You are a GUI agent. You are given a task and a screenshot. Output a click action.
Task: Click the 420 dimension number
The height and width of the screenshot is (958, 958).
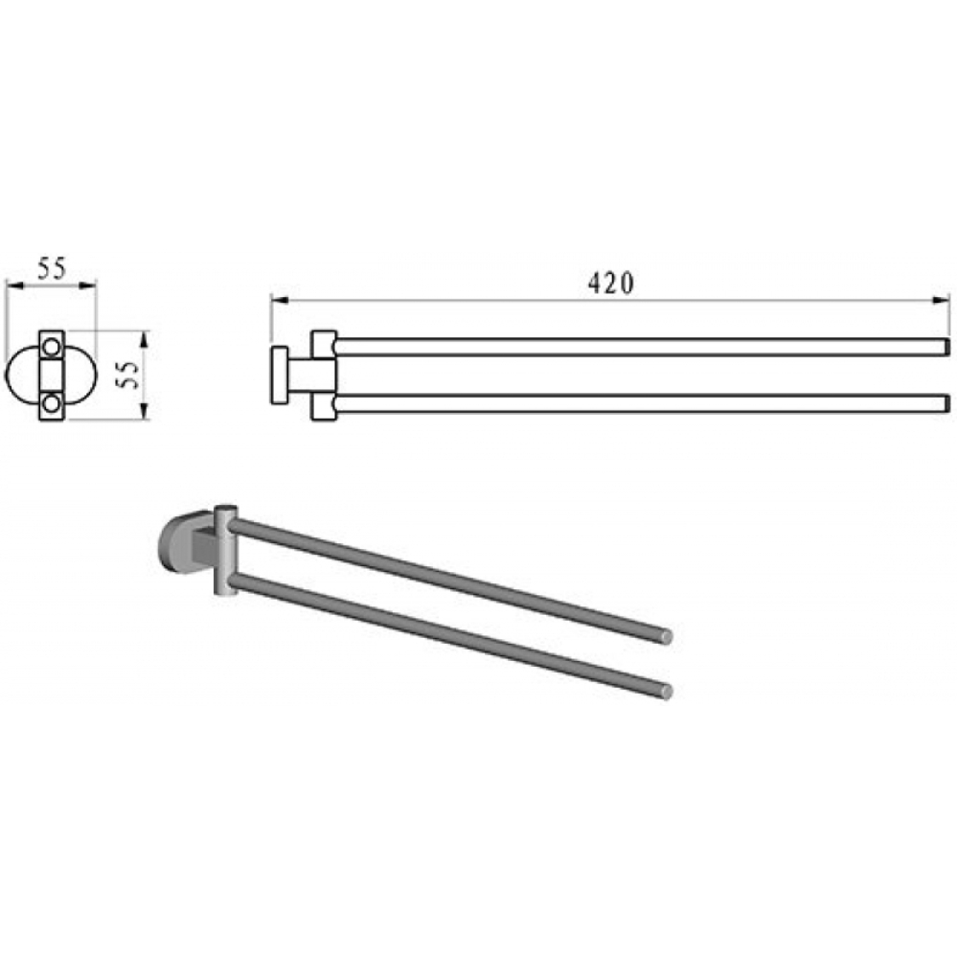[x=611, y=283]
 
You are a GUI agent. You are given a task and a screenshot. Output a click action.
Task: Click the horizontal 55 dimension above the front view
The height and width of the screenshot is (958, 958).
[x=52, y=269]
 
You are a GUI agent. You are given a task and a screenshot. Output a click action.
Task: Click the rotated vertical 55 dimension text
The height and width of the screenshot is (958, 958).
[x=128, y=375]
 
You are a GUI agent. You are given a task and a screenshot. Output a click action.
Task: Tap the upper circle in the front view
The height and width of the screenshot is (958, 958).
[x=52, y=347]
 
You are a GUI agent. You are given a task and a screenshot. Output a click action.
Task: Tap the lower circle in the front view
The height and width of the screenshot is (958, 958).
[x=52, y=403]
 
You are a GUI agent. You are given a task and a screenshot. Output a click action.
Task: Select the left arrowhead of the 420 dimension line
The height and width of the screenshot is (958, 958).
[x=279, y=299]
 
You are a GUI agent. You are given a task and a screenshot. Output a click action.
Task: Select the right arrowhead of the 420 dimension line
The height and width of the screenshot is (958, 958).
[x=941, y=299]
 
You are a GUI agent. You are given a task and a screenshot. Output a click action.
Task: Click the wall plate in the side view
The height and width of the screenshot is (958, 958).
[x=279, y=376]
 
